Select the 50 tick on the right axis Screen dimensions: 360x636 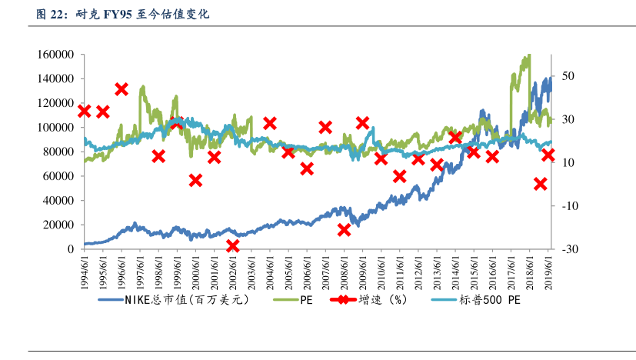click(568, 76)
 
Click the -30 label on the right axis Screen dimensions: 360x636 click(570, 249)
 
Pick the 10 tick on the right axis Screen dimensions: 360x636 click(568, 162)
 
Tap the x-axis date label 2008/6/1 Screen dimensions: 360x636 click(345, 271)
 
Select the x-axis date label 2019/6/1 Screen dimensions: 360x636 click(549, 271)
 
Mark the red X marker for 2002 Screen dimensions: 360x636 click(233, 246)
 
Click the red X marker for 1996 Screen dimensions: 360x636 click(122, 89)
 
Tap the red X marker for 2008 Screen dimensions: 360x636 click(344, 229)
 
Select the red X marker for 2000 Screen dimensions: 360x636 click(195, 180)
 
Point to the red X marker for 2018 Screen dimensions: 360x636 click(541, 184)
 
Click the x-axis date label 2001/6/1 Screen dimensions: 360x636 click(215, 271)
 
